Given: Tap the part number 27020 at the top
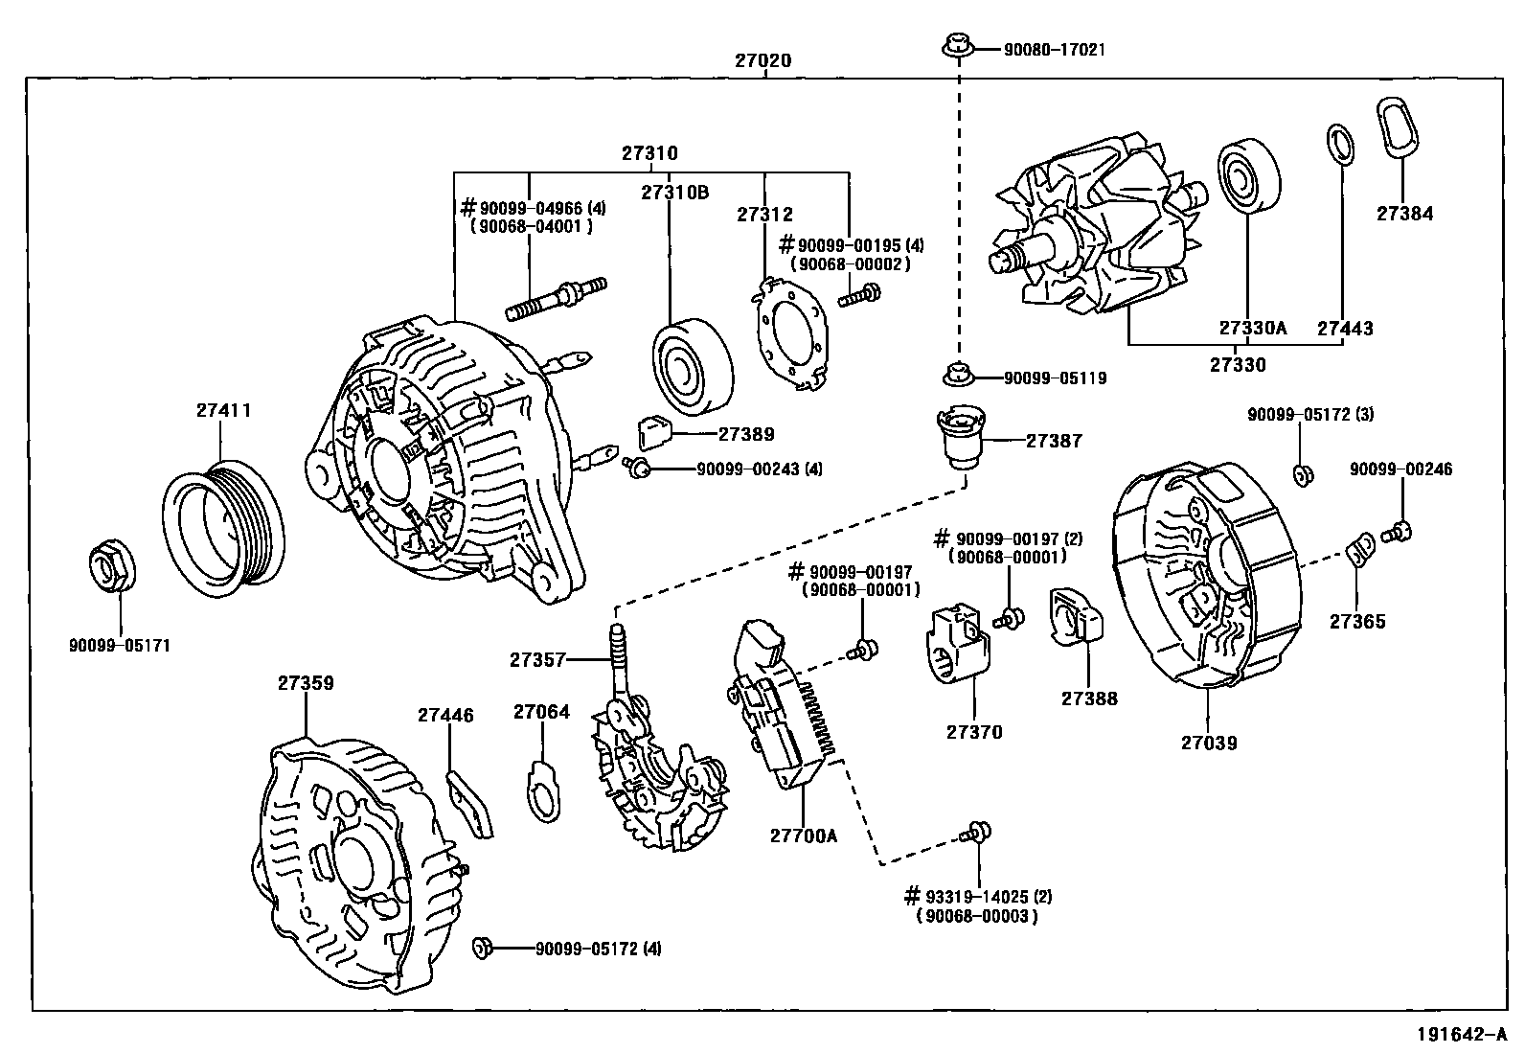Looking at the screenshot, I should (762, 60).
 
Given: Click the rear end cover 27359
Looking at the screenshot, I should (350, 855).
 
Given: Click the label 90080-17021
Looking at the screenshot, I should (1054, 48).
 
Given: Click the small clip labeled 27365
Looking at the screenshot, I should (1359, 552).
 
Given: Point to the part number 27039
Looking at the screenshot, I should (1208, 742).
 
